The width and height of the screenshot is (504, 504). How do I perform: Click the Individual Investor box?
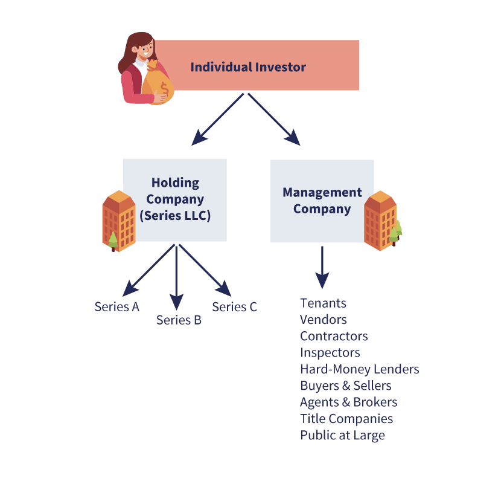coord(254,66)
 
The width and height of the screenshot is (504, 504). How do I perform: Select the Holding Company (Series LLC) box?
coord(175,199)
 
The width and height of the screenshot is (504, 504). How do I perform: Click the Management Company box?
coord(322,201)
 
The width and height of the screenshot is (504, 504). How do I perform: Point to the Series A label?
coord(117,306)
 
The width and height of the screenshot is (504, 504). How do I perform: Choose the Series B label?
coord(179,320)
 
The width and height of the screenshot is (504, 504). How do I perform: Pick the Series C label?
coord(235,307)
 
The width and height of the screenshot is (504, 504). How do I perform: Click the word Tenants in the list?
coord(324,303)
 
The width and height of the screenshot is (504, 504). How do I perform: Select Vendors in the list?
coord(324,320)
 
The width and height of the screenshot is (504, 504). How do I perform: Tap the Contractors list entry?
coord(334,336)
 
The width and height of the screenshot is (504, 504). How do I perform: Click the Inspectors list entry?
coord(330,352)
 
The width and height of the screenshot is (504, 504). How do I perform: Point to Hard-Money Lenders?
coord(360,369)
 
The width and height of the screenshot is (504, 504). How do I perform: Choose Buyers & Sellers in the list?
coord(346,386)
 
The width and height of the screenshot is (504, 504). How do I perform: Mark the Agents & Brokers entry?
coord(349,402)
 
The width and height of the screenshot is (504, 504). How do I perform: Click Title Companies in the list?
coord(346,419)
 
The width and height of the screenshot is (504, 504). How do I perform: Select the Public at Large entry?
coord(342,435)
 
